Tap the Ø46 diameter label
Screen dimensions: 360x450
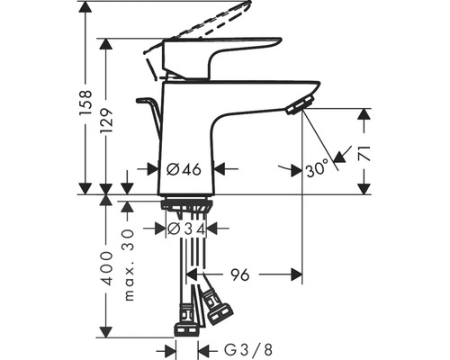click(185, 168)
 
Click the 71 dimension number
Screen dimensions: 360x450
click(364, 153)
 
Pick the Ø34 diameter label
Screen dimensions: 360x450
click(185, 229)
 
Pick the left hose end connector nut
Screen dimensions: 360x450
click(185, 319)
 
